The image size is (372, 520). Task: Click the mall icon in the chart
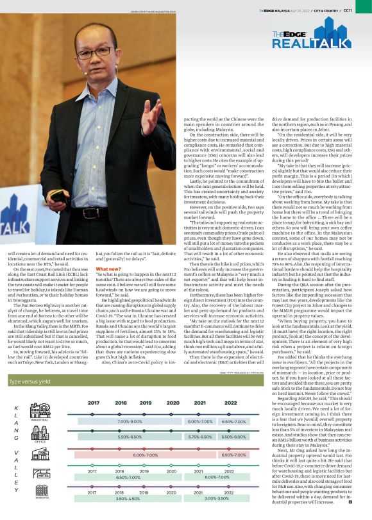[x=40, y=455]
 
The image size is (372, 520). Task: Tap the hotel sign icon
[x=40, y=474]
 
